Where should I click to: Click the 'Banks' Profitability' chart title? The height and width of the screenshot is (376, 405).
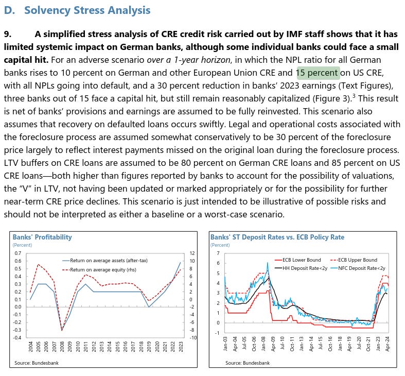point(42,237)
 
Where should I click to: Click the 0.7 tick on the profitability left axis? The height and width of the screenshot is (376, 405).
point(17,253)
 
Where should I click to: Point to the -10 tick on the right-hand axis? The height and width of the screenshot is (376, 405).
point(192,337)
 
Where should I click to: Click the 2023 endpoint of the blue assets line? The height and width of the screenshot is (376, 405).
point(181,262)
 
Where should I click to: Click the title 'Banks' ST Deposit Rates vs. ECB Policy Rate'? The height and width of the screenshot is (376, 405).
point(277,237)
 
